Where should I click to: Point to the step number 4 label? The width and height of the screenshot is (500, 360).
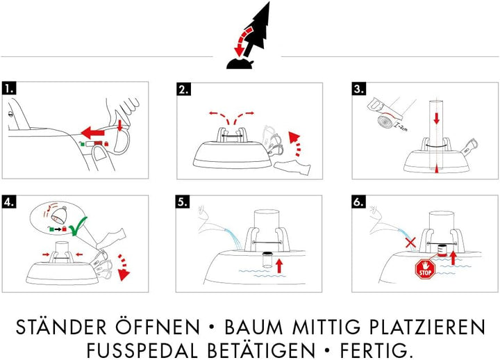(x=9, y=203)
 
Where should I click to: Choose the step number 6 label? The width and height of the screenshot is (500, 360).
(x=359, y=203)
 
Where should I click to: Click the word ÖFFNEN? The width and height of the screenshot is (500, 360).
(x=163, y=327)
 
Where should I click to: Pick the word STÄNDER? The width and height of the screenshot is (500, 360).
(x=62, y=327)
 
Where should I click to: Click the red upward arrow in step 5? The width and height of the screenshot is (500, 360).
(x=280, y=264)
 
